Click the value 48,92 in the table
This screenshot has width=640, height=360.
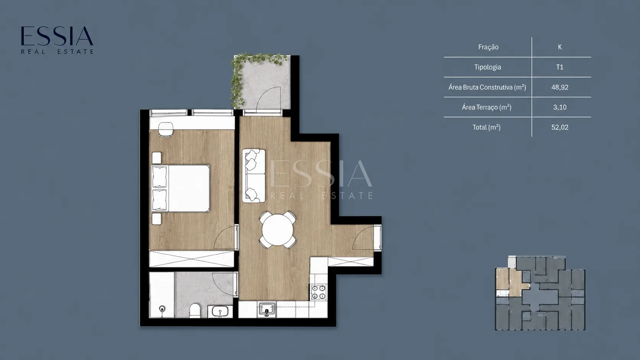(560, 87)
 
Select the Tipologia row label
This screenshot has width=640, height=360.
(487, 67)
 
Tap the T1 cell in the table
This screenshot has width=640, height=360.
(560, 67)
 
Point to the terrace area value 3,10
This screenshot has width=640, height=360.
(560, 108)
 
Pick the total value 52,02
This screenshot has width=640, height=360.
(560, 127)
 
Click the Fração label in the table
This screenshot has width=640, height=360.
(488, 47)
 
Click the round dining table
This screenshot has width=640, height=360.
(278, 230)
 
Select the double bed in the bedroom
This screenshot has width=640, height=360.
(180, 189)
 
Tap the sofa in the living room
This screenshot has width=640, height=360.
(254, 176)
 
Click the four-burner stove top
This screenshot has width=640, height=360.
(318, 292)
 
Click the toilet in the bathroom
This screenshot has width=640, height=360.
(195, 311)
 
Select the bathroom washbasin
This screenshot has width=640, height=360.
(220, 311)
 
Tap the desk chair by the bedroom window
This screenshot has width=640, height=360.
(166, 129)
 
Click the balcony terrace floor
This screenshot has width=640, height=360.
(264, 83)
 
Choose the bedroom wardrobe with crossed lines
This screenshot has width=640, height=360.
(192, 259)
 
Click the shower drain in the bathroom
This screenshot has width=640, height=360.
(162, 308)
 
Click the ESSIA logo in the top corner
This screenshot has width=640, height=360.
(57, 40)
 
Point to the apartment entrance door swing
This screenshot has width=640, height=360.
(363, 238)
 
